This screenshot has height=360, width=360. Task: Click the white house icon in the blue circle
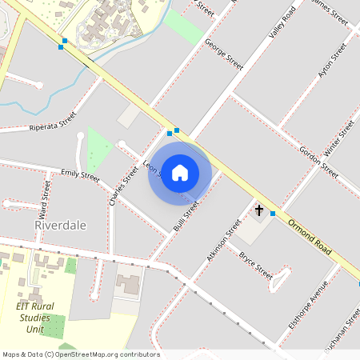pos(180,173)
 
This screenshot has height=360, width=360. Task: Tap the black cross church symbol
pos(259,210)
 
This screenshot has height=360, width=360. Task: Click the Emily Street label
pos(80,176)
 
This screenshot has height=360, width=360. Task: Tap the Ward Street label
pos(46,196)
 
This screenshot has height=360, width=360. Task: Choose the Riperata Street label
pos(52,122)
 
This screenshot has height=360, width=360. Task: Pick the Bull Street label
pos(186,215)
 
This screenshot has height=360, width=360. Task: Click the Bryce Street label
pos(256,264)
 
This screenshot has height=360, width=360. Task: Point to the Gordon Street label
pos(318,161)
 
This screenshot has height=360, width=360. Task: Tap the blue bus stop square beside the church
pos(274,214)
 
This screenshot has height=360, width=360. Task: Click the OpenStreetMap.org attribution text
pos(80,354)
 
